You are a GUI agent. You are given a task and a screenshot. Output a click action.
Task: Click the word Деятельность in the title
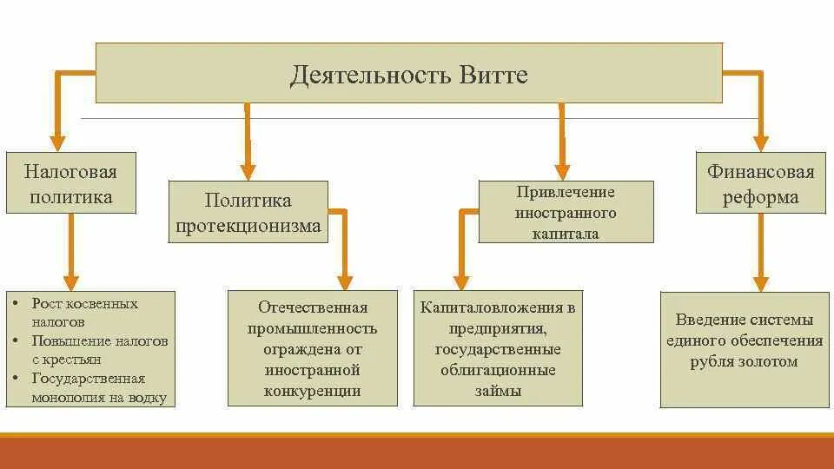(x=368, y=75)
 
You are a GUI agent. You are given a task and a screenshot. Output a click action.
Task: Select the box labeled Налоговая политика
(x=71, y=182)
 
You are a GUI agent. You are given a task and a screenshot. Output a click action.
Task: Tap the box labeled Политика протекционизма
(x=248, y=213)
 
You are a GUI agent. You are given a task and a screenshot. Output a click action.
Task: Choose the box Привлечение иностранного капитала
(x=566, y=212)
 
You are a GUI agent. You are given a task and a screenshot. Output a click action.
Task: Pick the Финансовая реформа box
(x=760, y=184)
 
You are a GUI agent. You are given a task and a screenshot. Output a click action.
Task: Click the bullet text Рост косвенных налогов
(x=84, y=312)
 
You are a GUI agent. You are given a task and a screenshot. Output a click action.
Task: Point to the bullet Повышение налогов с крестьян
(x=98, y=349)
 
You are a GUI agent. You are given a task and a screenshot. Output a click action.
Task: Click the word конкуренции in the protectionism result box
(x=313, y=391)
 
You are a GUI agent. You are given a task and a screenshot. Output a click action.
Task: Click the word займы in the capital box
(x=498, y=391)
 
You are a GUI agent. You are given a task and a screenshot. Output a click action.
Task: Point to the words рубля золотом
(x=744, y=361)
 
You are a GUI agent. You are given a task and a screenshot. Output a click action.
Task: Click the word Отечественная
(x=313, y=307)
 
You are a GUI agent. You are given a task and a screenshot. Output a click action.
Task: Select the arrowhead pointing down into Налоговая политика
(x=58, y=141)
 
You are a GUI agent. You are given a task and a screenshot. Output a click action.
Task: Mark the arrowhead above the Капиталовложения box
(x=462, y=281)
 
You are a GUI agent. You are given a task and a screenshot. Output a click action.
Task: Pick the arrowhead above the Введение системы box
(x=760, y=281)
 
